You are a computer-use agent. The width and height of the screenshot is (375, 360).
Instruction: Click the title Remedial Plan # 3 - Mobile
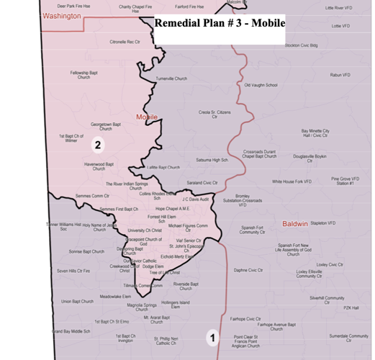(x=220, y=22)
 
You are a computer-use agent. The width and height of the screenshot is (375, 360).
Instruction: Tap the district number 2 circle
(x=96, y=145)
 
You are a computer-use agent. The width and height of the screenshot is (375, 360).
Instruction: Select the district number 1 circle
(x=212, y=336)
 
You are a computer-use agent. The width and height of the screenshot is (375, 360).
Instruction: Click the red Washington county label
(x=62, y=16)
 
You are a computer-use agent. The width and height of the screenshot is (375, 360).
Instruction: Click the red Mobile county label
(x=148, y=116)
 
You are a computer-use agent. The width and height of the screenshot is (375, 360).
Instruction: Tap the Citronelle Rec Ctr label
(x=125, y=42)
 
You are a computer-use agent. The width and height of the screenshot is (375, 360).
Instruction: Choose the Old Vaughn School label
(x=261, y=85)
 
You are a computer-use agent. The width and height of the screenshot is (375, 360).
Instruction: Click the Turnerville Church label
(x=171, y=78)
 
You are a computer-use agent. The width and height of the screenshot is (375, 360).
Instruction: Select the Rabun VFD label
(x=340, y=75)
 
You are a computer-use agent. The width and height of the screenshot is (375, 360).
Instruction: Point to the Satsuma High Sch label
(x=212, y=160)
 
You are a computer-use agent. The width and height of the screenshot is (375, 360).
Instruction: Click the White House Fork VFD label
(x=292, y=182)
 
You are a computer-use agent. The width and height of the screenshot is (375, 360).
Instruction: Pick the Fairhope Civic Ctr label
(x=245, y=318)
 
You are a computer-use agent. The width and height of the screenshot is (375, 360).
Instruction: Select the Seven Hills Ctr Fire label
(x=73, y=271)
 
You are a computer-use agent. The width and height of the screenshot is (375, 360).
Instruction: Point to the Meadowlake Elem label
(x=114, y=297)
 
